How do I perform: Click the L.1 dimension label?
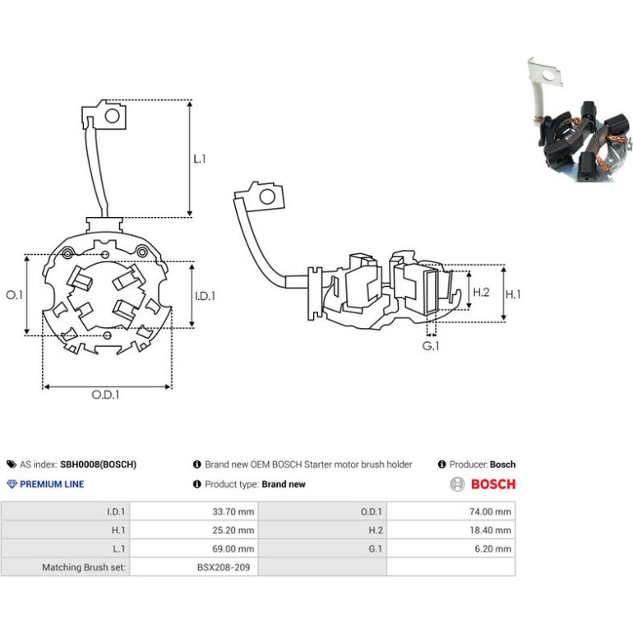[x=200, y=159]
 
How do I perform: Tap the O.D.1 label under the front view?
[x=105, y=395]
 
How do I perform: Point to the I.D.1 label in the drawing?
[x=205, y=296]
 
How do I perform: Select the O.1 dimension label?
[x=15, y=295]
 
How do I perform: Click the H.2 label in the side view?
[x=481, y=292]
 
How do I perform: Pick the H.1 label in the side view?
[x=513, y=294]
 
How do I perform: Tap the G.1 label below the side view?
[x=431, y=346]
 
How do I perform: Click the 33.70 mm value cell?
[x=194, y=511]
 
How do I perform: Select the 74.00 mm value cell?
[x=451, y=511]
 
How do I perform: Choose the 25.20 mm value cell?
[x=194, y=530]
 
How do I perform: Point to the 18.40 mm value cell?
[x=451, y=530]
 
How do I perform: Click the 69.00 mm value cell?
[x=194, y=548]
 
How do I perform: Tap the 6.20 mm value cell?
[x=451, y=548]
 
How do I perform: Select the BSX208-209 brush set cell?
[x=194, y=567]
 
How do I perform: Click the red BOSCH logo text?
[x=493, y=484]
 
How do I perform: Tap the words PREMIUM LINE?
[x=52, y=484]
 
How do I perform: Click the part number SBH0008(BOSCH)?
[x=98, y=464]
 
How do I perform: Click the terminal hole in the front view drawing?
[x=113, y=116]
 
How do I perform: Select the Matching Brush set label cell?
[x=66, y=567]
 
